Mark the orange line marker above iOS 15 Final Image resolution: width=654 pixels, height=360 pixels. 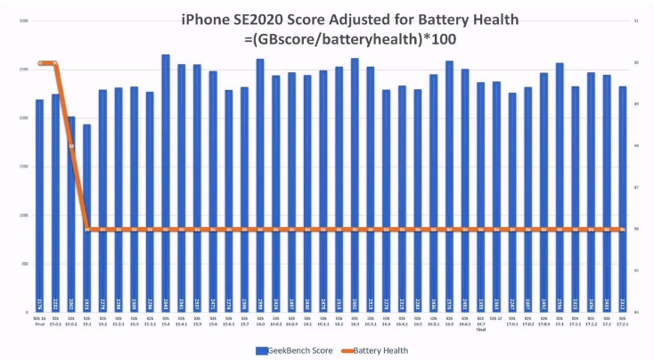[x=40, y=63]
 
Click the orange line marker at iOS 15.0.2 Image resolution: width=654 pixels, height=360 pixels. [x=71, y=146]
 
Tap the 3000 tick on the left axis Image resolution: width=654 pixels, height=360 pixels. [x=22, y=20]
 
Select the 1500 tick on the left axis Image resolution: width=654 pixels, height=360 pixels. [x=22, y=167]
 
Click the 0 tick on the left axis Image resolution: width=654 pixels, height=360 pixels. [x=27, y=313]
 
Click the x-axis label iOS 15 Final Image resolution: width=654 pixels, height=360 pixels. [x=39, y=321]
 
